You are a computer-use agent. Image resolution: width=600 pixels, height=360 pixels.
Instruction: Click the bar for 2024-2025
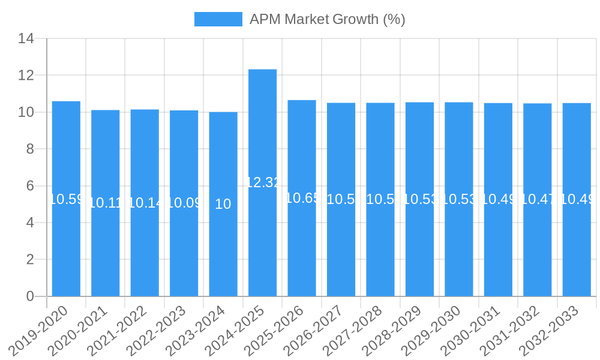[x=262, y=183]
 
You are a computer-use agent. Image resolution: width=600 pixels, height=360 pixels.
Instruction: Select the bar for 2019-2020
[x=66, y=199]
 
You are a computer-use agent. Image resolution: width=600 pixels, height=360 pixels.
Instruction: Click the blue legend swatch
[x=218, y=19]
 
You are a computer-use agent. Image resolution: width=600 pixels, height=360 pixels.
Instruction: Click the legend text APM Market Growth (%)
[x=327, y=19]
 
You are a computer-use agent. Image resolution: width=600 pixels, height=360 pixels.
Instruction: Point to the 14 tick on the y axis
[x=26, y=39]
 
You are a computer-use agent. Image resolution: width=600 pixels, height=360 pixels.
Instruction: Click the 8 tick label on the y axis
[x=29, y=149]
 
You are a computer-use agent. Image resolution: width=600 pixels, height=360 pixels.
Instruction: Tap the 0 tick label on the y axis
[x=29, y=296]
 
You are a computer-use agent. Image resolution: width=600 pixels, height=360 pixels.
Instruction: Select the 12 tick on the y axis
[x=26, y=76]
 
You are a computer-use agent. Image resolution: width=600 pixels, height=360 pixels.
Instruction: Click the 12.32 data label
[x=263, y=183]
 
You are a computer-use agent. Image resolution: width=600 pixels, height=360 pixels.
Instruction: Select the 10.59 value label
[x=66, y=199]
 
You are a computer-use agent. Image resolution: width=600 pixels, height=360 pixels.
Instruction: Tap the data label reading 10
[x=223, y=204]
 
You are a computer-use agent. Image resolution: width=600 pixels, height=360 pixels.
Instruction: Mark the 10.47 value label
[x=537, y=200]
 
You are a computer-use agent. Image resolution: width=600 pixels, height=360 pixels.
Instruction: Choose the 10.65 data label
[x=302, y=198]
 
